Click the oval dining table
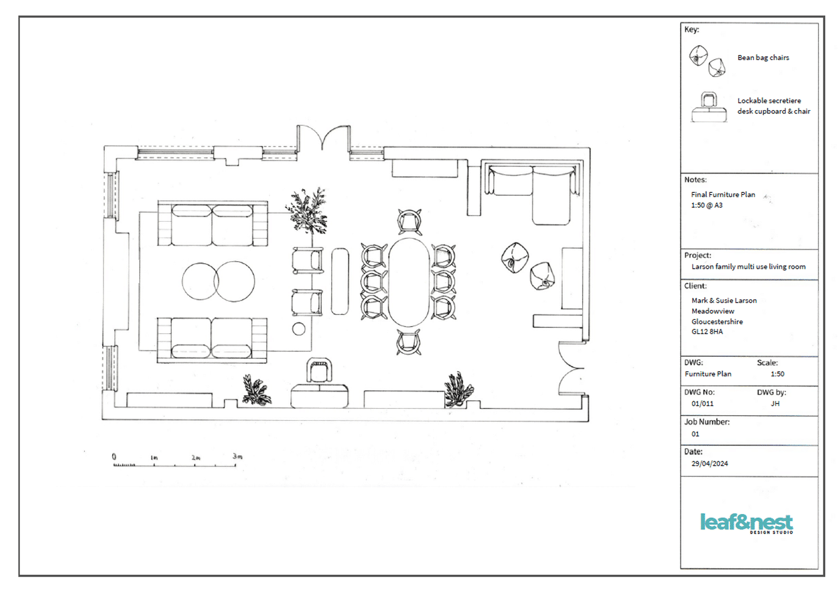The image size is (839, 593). tap(409, 282)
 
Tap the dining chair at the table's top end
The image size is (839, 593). tap(409, 222)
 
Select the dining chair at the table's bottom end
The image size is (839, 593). tap(409, 342)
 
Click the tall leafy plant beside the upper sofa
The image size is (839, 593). tap(308, 212)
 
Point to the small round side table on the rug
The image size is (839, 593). tap(298, 329)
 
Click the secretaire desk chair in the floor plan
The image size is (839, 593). tap(319, 370)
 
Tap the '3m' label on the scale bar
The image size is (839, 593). tap(237, 456)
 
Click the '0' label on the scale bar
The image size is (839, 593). tap(114, 456)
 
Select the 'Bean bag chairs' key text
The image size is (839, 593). tap(763, 58)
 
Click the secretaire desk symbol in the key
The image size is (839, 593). tap(709, 108)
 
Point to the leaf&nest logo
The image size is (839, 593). tap(746, 523)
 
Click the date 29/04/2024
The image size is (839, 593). tap(709, 463)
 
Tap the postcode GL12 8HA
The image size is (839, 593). tap(707, 332)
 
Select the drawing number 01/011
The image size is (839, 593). tap(702, 403)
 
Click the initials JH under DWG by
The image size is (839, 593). tap(775, 403)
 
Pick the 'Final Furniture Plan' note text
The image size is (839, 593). tap(723, 195)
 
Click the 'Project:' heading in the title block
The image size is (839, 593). tap(697, 255)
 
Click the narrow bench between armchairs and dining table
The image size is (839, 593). tap(340, 281)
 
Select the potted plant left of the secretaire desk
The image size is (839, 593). tap(256, 391)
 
